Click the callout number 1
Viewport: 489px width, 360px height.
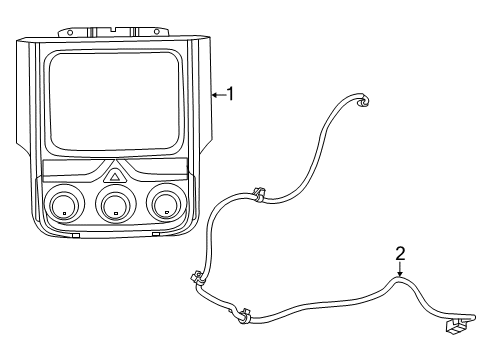pos(231,94)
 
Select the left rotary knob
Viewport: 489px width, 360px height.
pos(62,206)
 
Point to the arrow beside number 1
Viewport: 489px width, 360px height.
pos(217,95)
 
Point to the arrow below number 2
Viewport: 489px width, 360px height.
pos(399,271)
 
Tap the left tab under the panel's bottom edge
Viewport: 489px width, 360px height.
pos(77,236)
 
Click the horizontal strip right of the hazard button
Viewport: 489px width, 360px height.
pos(160,166)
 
